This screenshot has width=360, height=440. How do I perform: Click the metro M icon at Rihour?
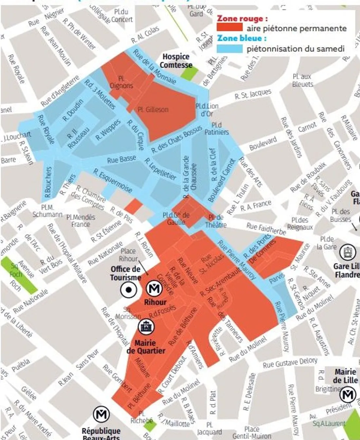tap(154, 288)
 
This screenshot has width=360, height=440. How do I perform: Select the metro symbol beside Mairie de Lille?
tap(347, 395)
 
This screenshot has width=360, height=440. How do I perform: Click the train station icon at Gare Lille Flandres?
tap(347, 253)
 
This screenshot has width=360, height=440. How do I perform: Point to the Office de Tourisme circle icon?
tap(129, 290)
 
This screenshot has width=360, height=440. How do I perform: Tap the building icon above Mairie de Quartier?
tap(146, 326)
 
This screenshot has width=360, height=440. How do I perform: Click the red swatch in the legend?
tap(229, 28)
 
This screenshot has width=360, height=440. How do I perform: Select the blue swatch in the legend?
tap(229, 48)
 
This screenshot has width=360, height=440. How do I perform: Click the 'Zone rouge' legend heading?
tap(242, 18)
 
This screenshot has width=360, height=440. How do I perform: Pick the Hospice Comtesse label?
tap(176, 61)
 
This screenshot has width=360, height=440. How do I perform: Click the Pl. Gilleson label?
tap(153, 110)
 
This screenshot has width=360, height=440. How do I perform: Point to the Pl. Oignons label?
tap(121, 82)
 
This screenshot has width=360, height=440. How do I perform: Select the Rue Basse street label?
tap(121, 160)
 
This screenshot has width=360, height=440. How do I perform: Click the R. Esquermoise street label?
tap(113, 181)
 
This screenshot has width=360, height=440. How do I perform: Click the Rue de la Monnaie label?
tap(154, 67)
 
